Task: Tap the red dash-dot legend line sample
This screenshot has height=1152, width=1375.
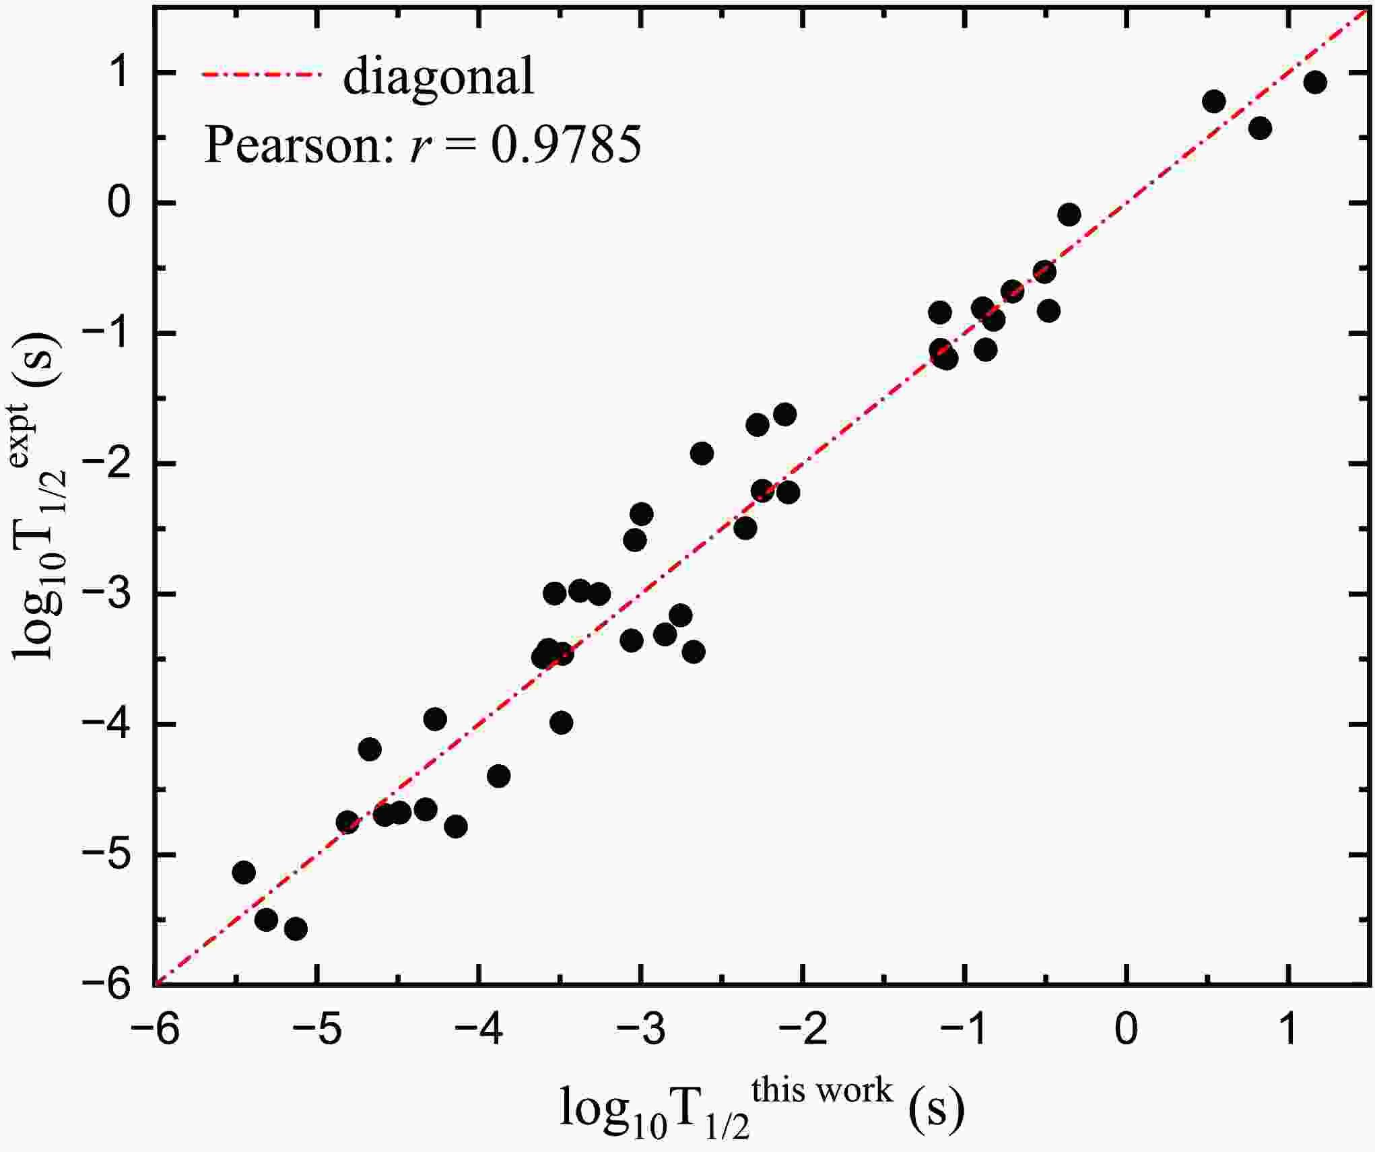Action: (x=263, y=75)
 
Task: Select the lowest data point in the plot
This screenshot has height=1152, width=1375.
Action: (x=296, y=929)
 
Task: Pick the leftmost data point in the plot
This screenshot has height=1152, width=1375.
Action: (x=243, y=873)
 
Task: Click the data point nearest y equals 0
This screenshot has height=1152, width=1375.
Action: (x=1069, y=215)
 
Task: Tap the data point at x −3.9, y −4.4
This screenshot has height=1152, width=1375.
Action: (x=498, y=776)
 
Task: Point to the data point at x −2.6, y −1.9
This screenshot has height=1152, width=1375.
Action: (x=702, y=453)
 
